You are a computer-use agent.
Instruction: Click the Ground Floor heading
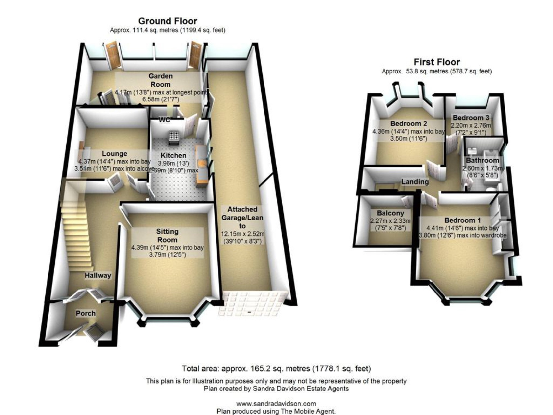click(167, 21)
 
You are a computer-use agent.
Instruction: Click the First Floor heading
click(436, 62)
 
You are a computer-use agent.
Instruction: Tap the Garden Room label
click(161, 80)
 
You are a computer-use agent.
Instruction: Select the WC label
click(164, 120)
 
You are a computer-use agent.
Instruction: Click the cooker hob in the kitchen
click(174, 136)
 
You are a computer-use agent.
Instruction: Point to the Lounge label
click(114, 154)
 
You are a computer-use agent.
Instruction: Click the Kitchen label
click(173, 155)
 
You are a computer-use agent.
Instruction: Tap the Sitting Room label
click(167, 236)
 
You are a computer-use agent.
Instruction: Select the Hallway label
click(98, 275)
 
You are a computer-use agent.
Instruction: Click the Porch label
click(86, 313)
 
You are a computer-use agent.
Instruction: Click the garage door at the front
click(253, 303)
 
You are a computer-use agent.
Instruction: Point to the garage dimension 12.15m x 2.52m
click(243, 234)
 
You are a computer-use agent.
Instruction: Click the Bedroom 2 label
click(409, 123)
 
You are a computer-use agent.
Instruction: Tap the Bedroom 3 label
click(471, 118)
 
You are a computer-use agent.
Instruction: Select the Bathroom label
click(482, 160)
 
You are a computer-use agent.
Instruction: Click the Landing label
click(415, 182)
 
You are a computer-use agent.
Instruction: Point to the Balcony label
click(390, 213)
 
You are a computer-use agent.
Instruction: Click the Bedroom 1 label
click(462, 220)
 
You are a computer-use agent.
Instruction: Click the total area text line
click(276, 369)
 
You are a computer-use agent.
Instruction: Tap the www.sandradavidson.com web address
click(276, 404)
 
